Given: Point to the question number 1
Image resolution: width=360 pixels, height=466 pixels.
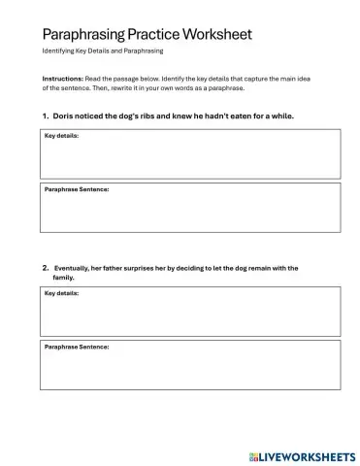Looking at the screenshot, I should pyautogui.click(x=45, y=116).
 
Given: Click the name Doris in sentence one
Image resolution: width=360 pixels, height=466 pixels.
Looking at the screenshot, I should pyautogui.click(x=68, y=116).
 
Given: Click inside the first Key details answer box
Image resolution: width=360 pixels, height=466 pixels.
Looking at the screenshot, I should pyautogui.click(x=190, y=160).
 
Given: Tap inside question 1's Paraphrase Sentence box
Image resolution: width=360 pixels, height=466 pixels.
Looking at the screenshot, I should pyautogui.click(x=190, y=214).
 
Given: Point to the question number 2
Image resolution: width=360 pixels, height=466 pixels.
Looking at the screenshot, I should pyautogui.click(x=45, y=267).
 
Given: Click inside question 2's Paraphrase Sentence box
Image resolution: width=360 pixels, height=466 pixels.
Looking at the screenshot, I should pyautogui.click(x=190, y=369).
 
